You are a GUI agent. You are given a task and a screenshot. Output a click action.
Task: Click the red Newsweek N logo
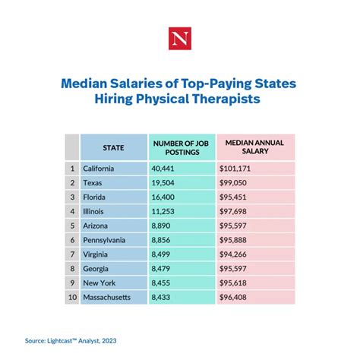coord(180,36)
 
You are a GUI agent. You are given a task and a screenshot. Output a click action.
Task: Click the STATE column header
coord(113,147)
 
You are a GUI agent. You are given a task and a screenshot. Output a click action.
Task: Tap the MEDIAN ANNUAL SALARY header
coord(249,147)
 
